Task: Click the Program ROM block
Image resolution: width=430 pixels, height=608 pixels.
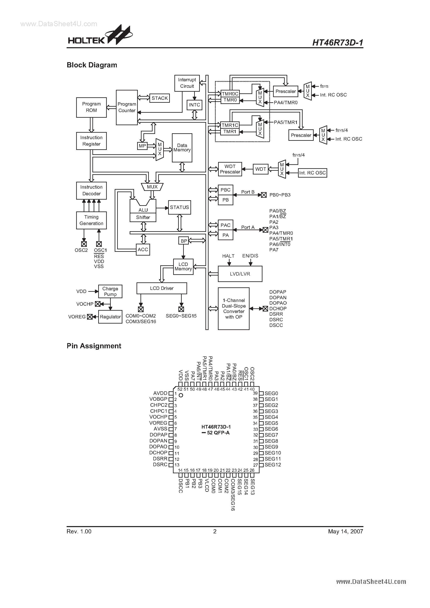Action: (x=91, y=107)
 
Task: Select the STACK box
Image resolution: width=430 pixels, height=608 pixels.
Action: (x=159, y=98)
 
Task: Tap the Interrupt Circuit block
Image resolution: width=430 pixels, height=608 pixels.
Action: (x=187, y=83)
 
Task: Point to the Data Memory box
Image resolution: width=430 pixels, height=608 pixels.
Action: (x=182, y=148)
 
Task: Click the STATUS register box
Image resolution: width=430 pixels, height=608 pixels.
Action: (x=179, y=207)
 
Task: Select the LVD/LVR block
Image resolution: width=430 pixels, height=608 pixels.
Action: (x=240, y=274)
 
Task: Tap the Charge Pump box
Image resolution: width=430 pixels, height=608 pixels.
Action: (x=110, y=291)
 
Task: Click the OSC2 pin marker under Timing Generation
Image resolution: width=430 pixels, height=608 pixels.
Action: (x=84, y=244)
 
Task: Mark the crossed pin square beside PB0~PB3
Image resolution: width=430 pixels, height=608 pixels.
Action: (x=264, y=195)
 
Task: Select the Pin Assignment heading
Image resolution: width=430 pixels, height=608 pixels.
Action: (x=94, y=346)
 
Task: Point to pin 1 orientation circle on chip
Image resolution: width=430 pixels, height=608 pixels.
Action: (x=181, y=395)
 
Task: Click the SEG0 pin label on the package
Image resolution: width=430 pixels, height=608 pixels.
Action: (x=271, y=393)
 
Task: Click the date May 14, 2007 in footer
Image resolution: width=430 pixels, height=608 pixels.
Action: (x=345, y=531)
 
